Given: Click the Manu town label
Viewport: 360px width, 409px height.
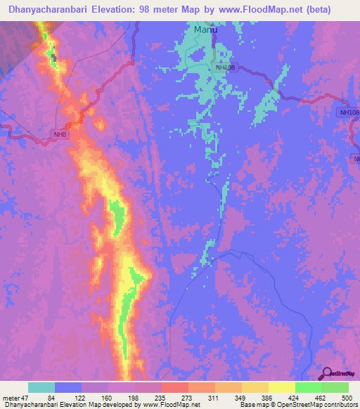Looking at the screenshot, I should (x=205, y=31).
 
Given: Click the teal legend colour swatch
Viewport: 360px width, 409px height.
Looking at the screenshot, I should (x=41, y=387).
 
